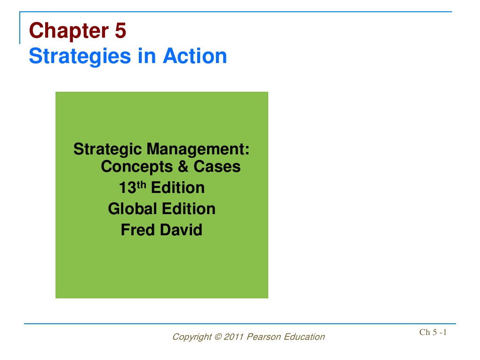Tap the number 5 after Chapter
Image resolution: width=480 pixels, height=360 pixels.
tap(120, 32)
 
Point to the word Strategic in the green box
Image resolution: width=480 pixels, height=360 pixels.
tap(108, 150)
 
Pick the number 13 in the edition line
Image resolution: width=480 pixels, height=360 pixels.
tap(127, 188)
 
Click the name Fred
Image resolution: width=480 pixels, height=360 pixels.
tap(137, 230)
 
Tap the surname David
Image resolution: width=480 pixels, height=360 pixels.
tap(181, 230)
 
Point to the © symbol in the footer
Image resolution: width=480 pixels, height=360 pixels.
tap(218, 337)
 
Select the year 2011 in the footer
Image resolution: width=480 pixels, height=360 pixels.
tap(234, 337)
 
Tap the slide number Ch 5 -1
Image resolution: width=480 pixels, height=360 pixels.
tap(433, 333)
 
